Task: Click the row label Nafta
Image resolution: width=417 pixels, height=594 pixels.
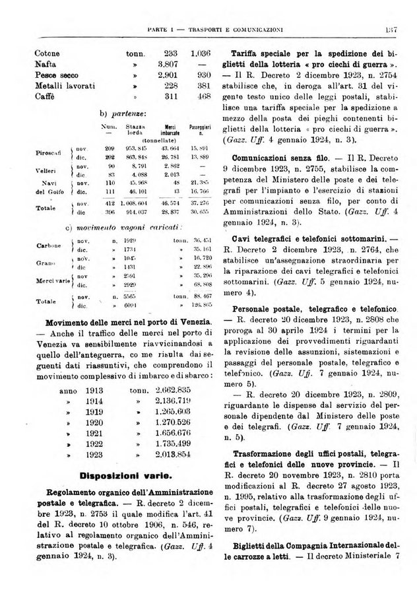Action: coord(44,64)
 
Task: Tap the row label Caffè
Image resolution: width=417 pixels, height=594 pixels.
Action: coord(44,96)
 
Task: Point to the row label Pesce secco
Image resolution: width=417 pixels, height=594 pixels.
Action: coord(60,75)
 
